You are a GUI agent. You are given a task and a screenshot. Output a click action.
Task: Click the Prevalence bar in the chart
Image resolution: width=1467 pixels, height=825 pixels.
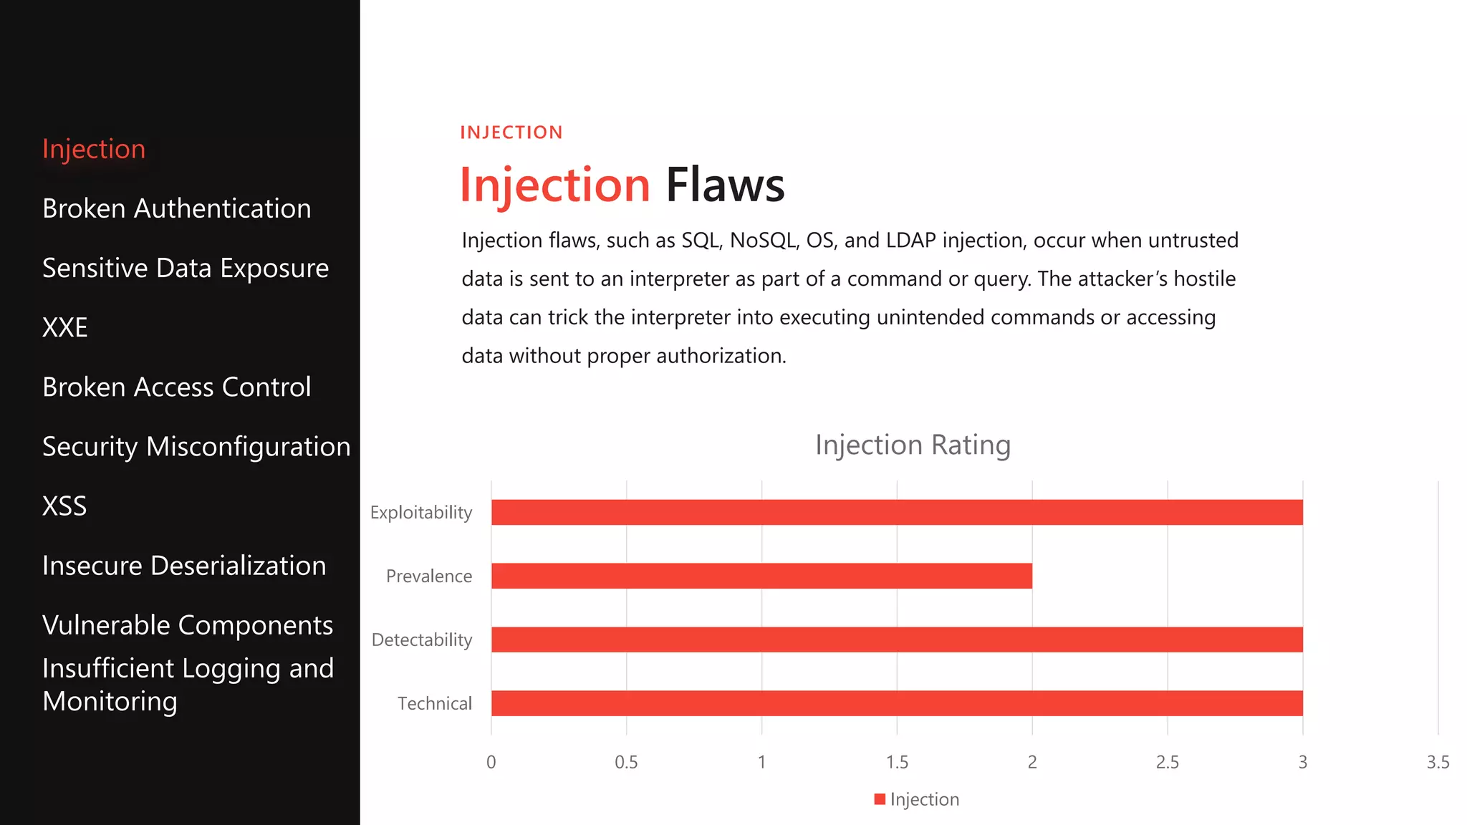pos(761,576)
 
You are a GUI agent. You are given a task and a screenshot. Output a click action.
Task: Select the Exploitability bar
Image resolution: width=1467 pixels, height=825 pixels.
pos(897,512)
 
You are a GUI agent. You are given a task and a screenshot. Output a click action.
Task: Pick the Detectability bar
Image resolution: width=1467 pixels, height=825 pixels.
pos(897,640)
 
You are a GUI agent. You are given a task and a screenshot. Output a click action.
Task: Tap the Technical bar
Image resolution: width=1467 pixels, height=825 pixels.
pos(897,703)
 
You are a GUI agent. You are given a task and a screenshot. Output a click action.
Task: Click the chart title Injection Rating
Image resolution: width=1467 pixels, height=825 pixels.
pos(913,445)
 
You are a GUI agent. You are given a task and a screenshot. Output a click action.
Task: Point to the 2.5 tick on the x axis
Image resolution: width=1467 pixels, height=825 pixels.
pos(1167,762)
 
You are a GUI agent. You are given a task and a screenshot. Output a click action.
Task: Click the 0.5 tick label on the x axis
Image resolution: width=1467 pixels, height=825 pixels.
pos(626,762)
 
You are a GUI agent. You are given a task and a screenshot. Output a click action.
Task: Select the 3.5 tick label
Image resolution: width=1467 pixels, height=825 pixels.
pos(1438,762)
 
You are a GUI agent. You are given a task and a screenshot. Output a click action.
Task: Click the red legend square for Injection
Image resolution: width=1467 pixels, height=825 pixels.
pos(880,799)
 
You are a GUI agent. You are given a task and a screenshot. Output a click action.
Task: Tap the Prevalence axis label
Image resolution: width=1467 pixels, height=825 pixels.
pos(429,576)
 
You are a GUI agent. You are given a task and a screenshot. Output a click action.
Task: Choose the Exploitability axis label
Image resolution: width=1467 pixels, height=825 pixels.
pos(421,513)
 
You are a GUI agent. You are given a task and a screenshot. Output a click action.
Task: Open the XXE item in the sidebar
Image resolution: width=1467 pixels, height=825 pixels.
pos(65,327)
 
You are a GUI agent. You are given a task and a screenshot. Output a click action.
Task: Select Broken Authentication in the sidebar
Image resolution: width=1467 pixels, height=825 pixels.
pos(177,208)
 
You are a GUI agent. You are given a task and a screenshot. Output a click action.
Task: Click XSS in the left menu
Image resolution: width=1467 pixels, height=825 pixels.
pos(64,506)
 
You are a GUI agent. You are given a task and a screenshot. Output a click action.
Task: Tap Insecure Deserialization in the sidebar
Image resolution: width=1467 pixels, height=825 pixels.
pos(184,566)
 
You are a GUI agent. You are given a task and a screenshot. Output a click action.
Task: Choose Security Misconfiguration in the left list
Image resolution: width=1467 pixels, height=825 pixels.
pos(196,447)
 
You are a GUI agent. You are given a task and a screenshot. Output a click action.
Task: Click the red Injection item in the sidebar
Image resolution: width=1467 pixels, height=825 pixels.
pos(94,149)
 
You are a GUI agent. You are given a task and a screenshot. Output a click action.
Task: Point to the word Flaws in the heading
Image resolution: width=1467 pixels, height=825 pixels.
pos(725,185)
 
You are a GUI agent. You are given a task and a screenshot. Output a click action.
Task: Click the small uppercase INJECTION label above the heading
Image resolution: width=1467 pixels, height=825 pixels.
pos(511,132)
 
